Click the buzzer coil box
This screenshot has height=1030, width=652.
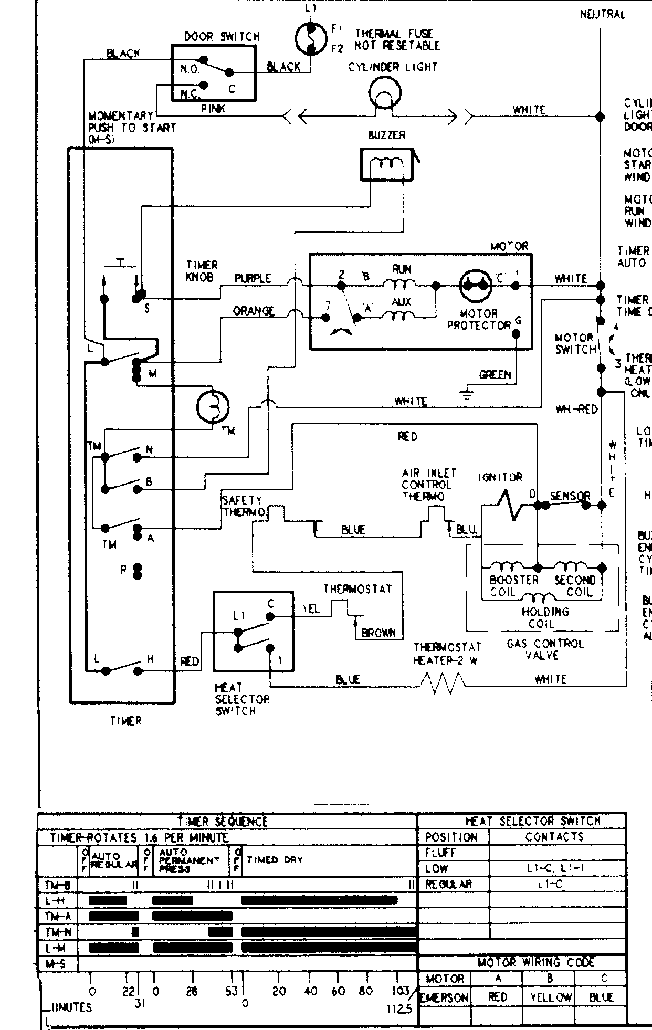[x=387, y=164]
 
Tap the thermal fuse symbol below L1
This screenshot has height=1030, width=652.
[x=311, y=39]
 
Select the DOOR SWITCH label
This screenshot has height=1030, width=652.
[x=222, y=37]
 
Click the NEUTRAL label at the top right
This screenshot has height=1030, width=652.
[x=603, y=15]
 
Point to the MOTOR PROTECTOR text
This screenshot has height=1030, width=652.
[x=478, y=319]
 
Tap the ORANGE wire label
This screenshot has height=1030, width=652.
[x=254, y=311]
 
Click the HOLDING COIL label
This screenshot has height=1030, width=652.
[x=545, y=617]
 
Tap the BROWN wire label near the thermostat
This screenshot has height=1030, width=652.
[x=378, y=633]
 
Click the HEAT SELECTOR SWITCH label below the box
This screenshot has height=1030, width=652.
[x=242, y=699]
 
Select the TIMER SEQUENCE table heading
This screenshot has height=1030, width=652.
[x=223, y=822]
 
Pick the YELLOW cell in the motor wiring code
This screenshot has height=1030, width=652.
[x=550, y=997]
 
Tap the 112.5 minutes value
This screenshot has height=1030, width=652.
[x=399, y=1009]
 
